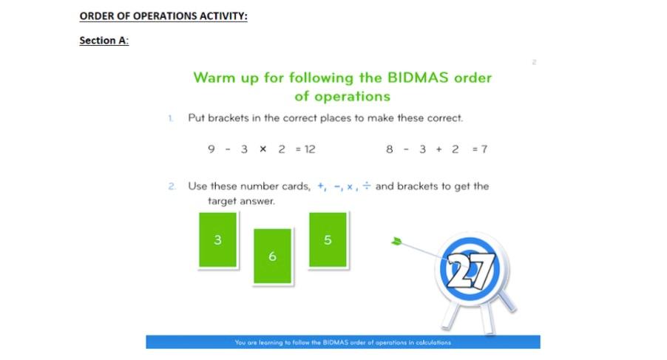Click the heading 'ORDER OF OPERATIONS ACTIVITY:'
(x=163, y=16)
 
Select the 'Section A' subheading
(x=104, y=41)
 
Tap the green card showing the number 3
(x=217, y=240)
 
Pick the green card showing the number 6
(x=272, y=257)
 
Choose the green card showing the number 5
(x=328, y=240)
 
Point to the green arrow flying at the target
(x=398, y=242)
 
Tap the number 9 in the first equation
(x=211, y=149)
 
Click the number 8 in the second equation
(x=389, y=149)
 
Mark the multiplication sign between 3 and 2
(x=263, y=149)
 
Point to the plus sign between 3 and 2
(x=439, y=149)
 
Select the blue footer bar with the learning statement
(x=342, y=342)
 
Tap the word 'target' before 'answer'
(x=223, y=201)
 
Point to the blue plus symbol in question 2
(x=321, y=186)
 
